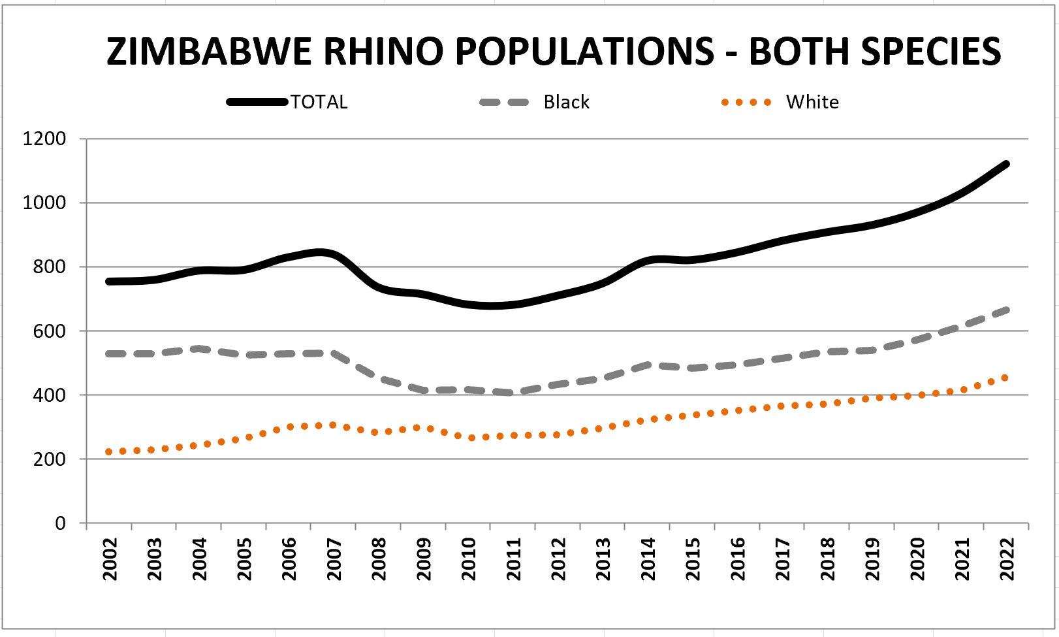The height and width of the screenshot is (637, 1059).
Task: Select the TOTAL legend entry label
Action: click(319, 102)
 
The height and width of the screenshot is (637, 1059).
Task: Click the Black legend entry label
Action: click(566, 102)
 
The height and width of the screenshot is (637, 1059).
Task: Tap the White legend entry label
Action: click(812, 102)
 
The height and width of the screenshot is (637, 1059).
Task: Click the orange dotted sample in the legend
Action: click(746, 103)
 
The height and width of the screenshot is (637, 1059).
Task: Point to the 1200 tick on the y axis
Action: click(44, 139)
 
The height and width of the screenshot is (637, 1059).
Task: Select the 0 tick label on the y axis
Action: click(61, 523)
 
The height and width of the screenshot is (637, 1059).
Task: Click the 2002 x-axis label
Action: click(110, 559)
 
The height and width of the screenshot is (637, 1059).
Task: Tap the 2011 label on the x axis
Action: click(514, 559)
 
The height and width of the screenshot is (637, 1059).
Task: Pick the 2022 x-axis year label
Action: click(1007, 559)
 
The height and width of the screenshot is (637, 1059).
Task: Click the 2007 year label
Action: click(334, 559)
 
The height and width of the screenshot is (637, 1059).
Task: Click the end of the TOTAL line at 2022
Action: click(1006, 164)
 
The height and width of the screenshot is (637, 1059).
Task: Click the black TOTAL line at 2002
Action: click(110, 282)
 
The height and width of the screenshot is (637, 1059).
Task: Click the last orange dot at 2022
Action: click(1005, 378)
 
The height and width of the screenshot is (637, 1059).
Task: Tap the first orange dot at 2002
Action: click(108, 451)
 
